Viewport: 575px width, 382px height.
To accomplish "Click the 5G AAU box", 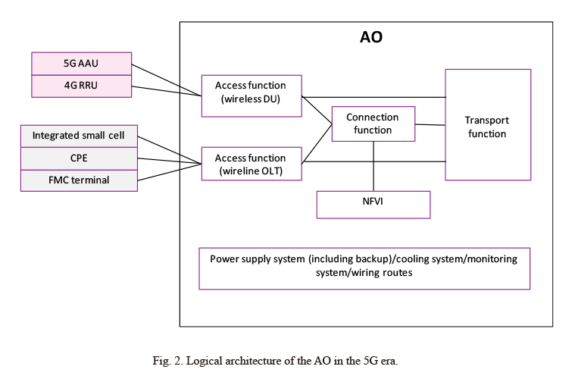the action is (81, 64).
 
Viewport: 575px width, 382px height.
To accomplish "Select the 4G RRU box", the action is (81, 86).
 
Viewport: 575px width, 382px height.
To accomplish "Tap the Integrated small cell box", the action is (79, 136).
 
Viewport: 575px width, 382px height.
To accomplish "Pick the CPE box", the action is (79, 158).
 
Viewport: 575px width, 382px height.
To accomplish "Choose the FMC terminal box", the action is (79, 180).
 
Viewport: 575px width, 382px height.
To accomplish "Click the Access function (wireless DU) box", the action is (252, 96).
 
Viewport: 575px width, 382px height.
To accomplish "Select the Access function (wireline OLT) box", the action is (252, 164).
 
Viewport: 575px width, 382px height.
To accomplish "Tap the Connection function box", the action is (373, 124).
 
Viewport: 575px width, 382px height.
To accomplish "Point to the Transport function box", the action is (488, 125).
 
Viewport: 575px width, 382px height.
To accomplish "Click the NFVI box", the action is (373, 205).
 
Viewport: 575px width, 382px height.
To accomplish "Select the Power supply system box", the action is (364, 268).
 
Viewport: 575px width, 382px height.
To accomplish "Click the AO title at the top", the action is (371, 37).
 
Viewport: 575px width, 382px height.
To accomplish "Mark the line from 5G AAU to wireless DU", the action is (167, 80).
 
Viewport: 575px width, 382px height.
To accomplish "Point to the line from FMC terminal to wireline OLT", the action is (170, 172).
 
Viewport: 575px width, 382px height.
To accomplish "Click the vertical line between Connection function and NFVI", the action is (373, 166).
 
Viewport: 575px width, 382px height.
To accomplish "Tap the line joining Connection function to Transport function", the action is (430, 125).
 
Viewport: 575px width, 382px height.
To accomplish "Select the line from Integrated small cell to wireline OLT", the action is (170, 150).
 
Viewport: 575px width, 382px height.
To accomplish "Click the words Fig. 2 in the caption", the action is (167, 361).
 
